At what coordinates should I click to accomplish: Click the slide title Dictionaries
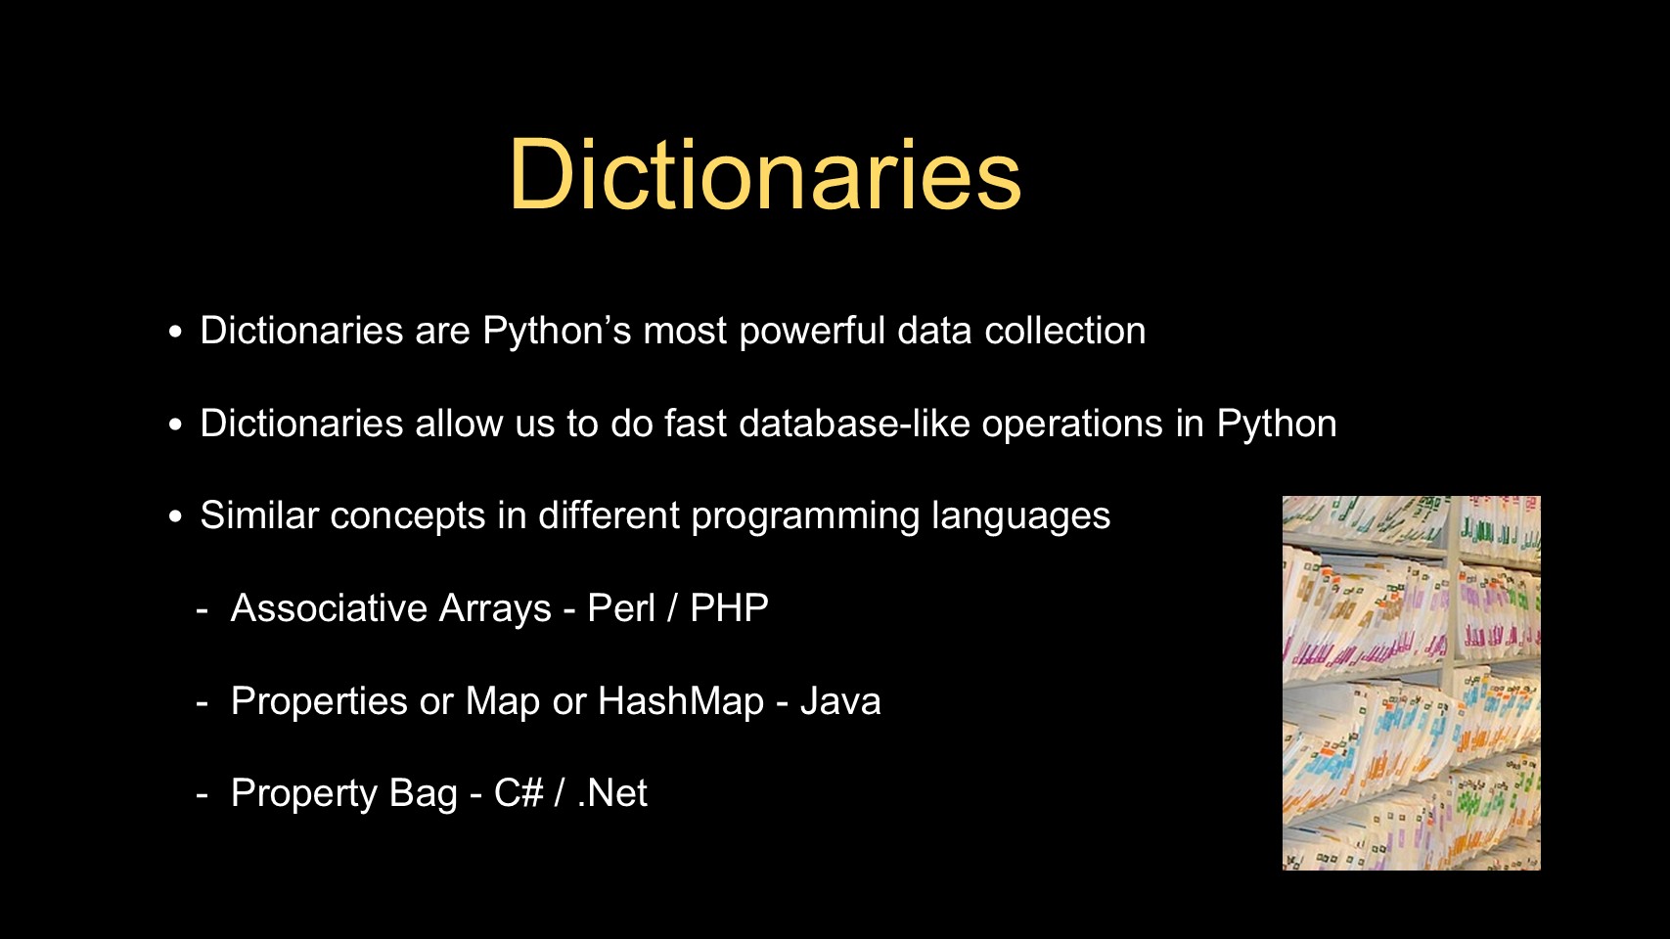coord(765,175)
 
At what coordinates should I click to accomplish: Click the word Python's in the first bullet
coord(557,332)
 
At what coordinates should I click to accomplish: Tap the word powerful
coord(812,332)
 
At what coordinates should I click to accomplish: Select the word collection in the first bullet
coord(1064,331)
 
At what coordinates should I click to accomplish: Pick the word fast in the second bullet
coord(695,424)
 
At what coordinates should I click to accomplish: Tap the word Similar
coord(259,514)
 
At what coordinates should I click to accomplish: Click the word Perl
coord(622,607)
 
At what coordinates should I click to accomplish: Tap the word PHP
coord(729,607)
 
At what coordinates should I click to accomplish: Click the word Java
coord(840,700)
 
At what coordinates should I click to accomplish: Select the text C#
coord(519,792)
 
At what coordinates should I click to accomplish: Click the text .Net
coord(612,792)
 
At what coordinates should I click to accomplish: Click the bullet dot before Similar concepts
coord(175,515)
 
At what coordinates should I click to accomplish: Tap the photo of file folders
coord(1412,683)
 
